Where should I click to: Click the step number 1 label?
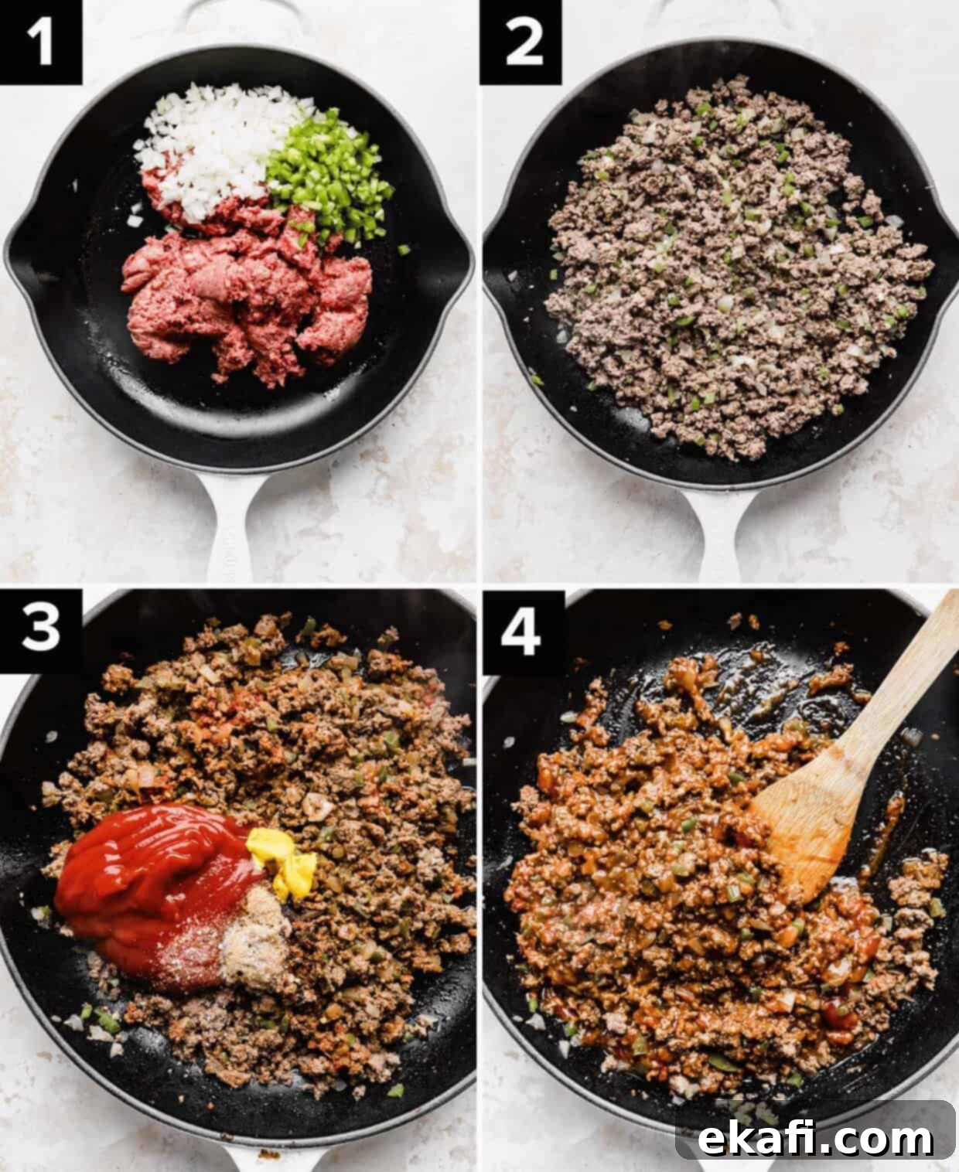click(x=40, y=42)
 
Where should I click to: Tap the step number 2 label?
click(x=521, y=42)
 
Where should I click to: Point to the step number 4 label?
click(x=521, y=632)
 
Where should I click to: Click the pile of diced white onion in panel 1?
click(x=220, y=147)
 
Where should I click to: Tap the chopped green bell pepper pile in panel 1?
click(x=328, y=175)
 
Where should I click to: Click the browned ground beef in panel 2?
click(x=734, y=267)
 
